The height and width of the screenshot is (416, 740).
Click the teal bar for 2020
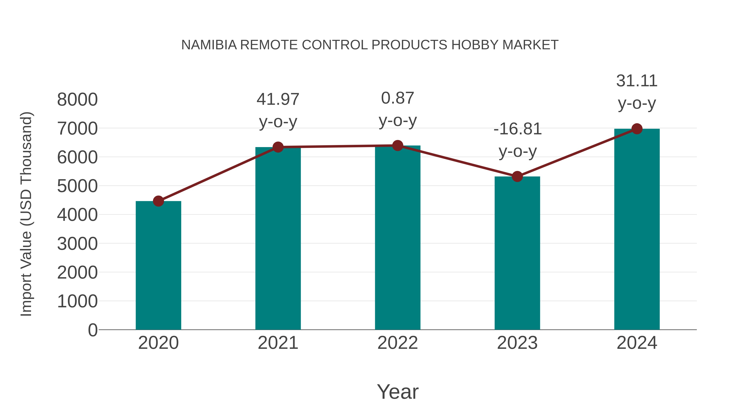(158, 266)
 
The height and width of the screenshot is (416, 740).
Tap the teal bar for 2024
(637, 230)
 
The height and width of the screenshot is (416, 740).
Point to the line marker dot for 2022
(398, 146)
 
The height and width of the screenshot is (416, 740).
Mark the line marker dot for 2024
(637, 129)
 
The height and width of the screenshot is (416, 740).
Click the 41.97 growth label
(278, 99)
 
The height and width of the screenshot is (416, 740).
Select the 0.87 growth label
(398, 98)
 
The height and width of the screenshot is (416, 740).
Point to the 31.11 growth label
(637, 81)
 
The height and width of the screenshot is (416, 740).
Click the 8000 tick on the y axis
(77, 100)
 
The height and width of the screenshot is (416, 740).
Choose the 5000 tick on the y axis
(77, 186)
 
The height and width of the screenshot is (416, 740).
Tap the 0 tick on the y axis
(93, 330)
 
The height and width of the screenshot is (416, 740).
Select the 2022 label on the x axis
(398, 343)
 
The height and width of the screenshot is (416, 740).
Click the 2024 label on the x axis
(637, 343)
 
